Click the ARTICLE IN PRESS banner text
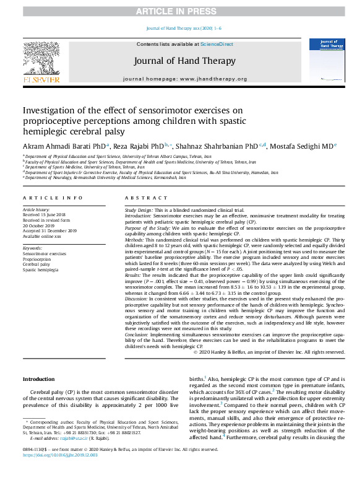coord(181,11)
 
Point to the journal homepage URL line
coord(185,79)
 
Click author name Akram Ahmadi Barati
coord(57,146)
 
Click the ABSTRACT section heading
coord(143,198)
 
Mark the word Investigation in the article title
coord(51,110)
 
